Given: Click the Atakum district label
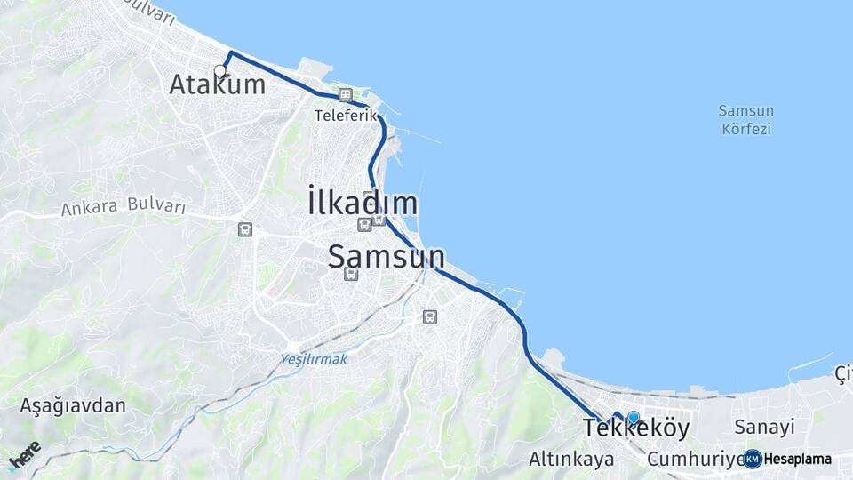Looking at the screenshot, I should pyautogui.click(x=217, y=84).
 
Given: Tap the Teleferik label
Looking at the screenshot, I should pyautogui.click(x=339, y=115).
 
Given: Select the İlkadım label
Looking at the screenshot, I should pyautogui.click(x=363, y=204).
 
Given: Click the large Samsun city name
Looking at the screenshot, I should pyautogui.click(x=386, y=256).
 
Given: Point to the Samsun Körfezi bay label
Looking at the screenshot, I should pyautogui.click(x=746, y=120).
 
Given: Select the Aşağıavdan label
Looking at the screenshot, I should pyautogui.click(x=73, y=405).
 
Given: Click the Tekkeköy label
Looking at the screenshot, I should pyautogui.click(x=636, y=428).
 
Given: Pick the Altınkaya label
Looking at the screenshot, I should pyautogui.click(x=571, y=460).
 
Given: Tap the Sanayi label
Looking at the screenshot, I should pyautogui.click(x=763, y=428).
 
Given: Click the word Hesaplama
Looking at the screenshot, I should pyautogui.click(x=798, y=460).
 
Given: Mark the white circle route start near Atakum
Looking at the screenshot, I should pyautogui.click(x=219, y=70).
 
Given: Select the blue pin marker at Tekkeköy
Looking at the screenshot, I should pyautogui.click(x=633, y=416).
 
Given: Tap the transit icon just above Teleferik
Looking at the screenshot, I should pyautogui.click(x=345, y=95).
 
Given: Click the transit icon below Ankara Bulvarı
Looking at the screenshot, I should pyautogui.click(x=244, y=229).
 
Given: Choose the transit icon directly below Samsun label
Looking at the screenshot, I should pyautogui.click(x=351, y=274).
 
